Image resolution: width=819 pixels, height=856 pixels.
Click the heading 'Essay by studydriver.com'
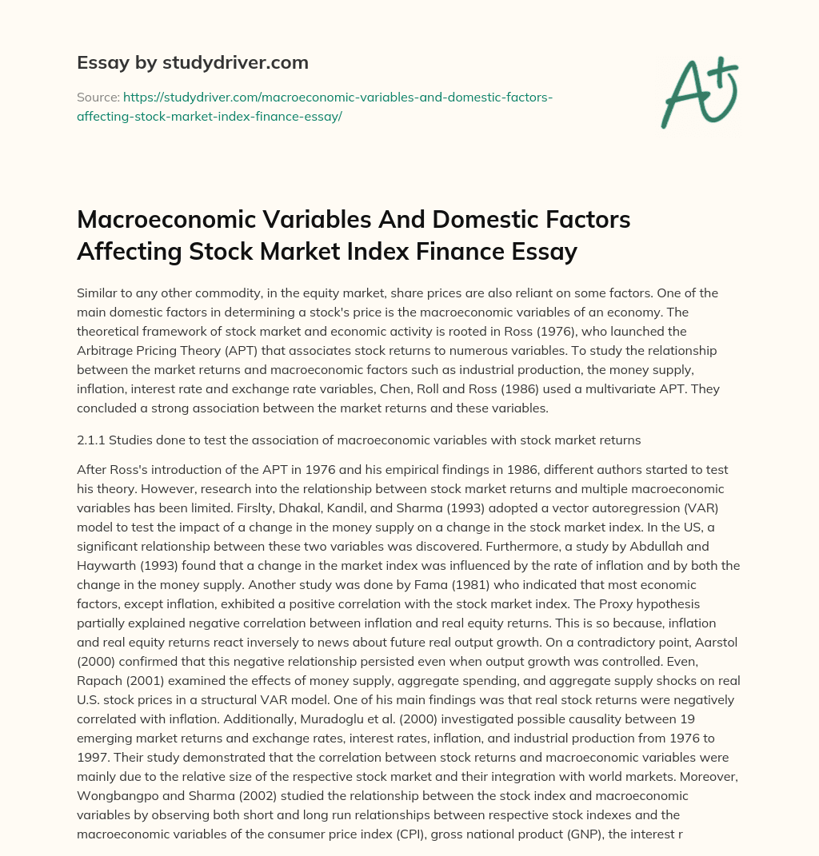(193, 62)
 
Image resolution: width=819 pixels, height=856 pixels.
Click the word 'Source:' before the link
(98, 97)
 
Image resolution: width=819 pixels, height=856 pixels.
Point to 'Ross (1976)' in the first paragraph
(480, 330)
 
